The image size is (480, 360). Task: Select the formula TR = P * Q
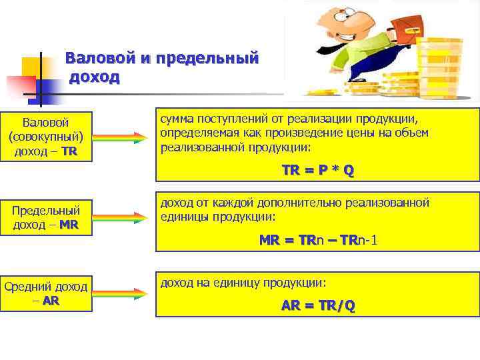coord(317,170)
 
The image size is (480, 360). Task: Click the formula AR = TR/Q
coord(317,306)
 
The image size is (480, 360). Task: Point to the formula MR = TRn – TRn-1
coord(317,239)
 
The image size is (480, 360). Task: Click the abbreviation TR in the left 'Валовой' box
coord(69,151)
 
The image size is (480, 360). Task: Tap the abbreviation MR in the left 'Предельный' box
coord(69,225)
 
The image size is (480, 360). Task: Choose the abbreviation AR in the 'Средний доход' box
coord(51,300)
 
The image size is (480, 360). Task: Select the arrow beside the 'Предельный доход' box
coord(121,217)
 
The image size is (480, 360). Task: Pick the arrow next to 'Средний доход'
coord(121,293)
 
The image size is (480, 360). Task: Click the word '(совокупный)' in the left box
coord(46,137)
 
